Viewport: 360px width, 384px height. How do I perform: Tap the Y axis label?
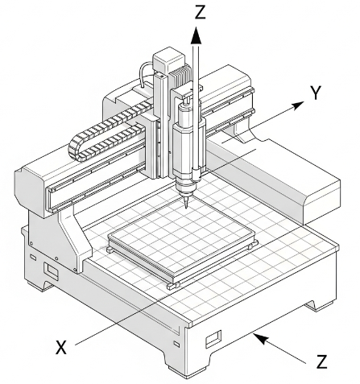[x=317, y=93]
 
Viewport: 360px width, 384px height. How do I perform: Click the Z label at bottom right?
[x=321, y=361]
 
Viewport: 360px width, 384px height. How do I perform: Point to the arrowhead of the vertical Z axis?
[x=194, y=32]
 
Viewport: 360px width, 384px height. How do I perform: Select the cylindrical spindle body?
[x=185, y=145]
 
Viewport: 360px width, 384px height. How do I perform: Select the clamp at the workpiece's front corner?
[x=171, y=285]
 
